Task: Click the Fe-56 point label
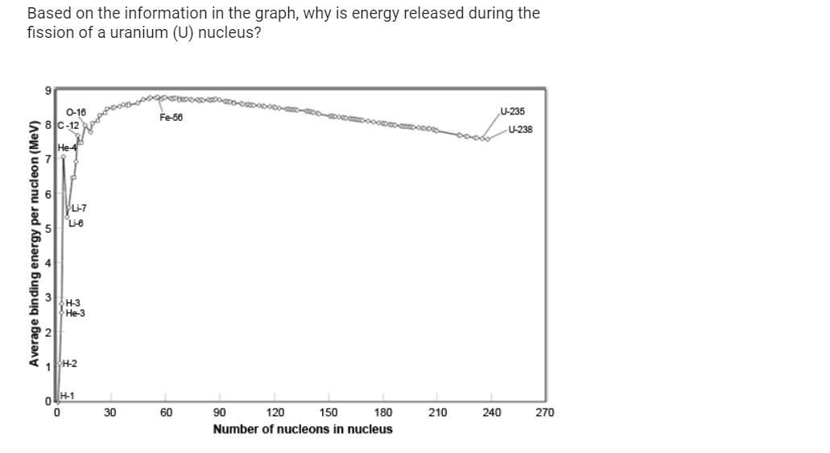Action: click(x=171, y=118)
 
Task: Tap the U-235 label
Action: click(x=512, y=111)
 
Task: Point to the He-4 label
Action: click(x=67, y=148)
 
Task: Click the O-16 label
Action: click(x=76, y=112)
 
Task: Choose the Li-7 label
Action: click(x=79, y=209)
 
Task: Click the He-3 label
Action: click(x=75, y=314)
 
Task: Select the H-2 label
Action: click(x=69, y=364)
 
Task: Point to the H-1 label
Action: click(x=67, y=396)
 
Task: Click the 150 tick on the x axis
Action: click(x=328, y=413)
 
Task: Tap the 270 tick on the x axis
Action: click(x=545, y=413)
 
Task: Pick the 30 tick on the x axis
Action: click(x=110, y=413)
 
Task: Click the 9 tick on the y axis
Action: click(x=47, y=90)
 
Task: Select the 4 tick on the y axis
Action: click(x=47, y=264)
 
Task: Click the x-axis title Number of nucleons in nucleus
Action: click(x=303, y=429)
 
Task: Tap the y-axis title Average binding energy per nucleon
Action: click(x=34, y=243)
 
